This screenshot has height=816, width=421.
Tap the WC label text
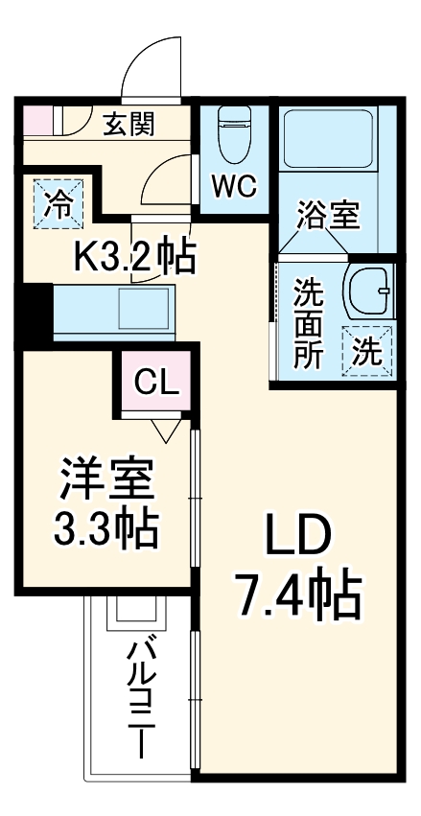coord(233,187)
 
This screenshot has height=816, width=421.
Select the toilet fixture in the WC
coord(233,135)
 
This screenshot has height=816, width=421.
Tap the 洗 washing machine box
coord(368,351)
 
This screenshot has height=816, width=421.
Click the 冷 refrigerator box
coord(58,202)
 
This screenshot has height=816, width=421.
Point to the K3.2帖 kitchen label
coord(135,256)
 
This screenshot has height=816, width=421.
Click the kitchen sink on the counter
coord(141,310)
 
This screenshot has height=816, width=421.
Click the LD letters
coord(296,539)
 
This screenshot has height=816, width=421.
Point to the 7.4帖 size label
coord(296,595)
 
